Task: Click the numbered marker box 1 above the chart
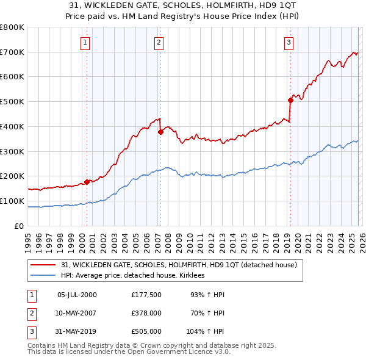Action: coord(84,43)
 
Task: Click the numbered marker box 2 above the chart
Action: coord(159,43)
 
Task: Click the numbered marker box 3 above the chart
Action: coord(289,43)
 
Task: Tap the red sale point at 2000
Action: coord(87,181)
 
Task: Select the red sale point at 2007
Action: coord(160,131)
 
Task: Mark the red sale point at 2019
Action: coord(290,100)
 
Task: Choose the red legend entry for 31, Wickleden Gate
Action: coord(178,265)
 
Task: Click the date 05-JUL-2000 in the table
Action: coord(77,295)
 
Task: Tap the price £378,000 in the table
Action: coord(146,313)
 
